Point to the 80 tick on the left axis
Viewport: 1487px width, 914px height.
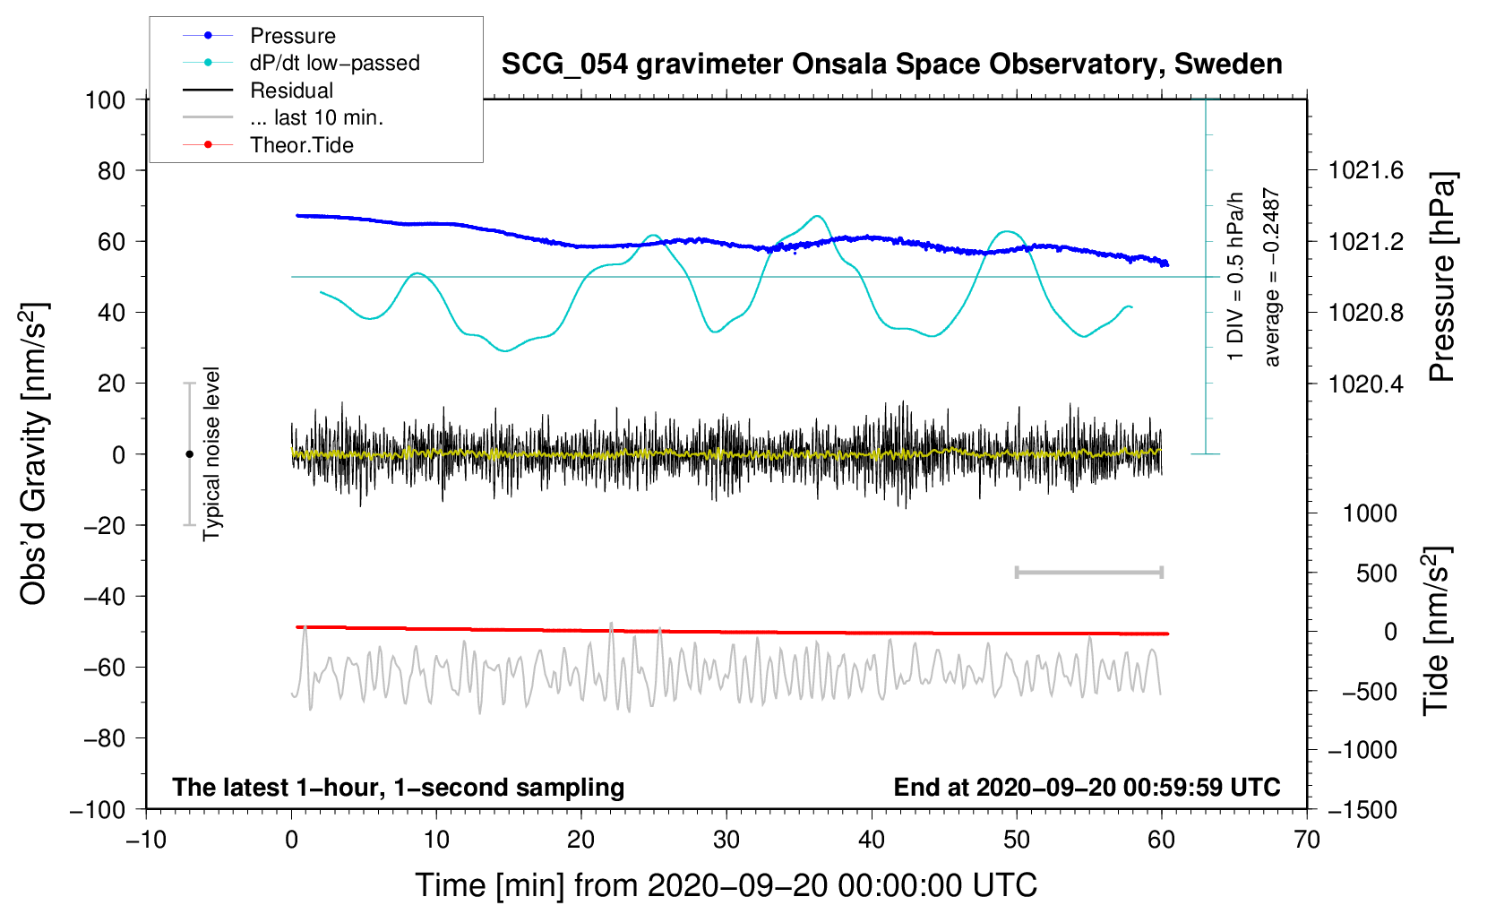(111, 171)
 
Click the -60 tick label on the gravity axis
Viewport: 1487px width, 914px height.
(104, 668)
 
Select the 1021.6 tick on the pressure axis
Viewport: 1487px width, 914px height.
(1365, 171)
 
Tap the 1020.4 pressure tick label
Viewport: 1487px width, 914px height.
(1365, 384)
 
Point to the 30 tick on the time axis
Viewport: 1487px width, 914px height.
(726, 841)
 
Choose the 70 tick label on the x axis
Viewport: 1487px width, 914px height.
(1306, 841)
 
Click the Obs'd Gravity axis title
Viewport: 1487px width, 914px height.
(34, 454)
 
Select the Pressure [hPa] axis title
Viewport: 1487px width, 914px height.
(1441, 277)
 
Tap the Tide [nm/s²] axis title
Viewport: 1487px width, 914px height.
(1437, 632)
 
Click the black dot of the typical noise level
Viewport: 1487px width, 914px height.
(189, 454)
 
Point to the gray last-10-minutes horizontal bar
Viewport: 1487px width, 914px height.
(1088, 573)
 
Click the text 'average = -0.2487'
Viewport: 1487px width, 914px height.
(1271, 277)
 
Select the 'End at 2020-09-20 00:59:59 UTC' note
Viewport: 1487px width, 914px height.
(1087, 787)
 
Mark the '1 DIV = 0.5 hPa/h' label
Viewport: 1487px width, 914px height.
(1234, 277)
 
